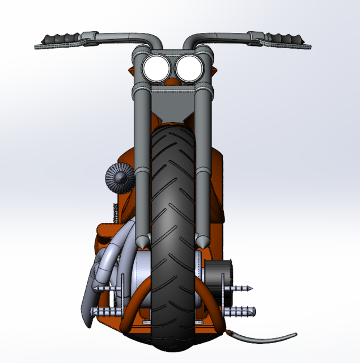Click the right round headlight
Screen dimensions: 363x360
pyautogui.click(x=187, y=68)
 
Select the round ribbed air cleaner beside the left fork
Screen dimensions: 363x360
pyautogui.click(x=118, y=176)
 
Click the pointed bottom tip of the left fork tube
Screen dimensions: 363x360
pyautogui.click(x=143, y=242)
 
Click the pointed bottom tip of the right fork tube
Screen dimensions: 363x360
pyautogui.click(x=201, y=242)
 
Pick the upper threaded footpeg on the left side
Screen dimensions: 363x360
pyautogui.click(x=107, y=289)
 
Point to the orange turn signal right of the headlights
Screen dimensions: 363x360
pyautogui.click(x=216, y=72)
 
